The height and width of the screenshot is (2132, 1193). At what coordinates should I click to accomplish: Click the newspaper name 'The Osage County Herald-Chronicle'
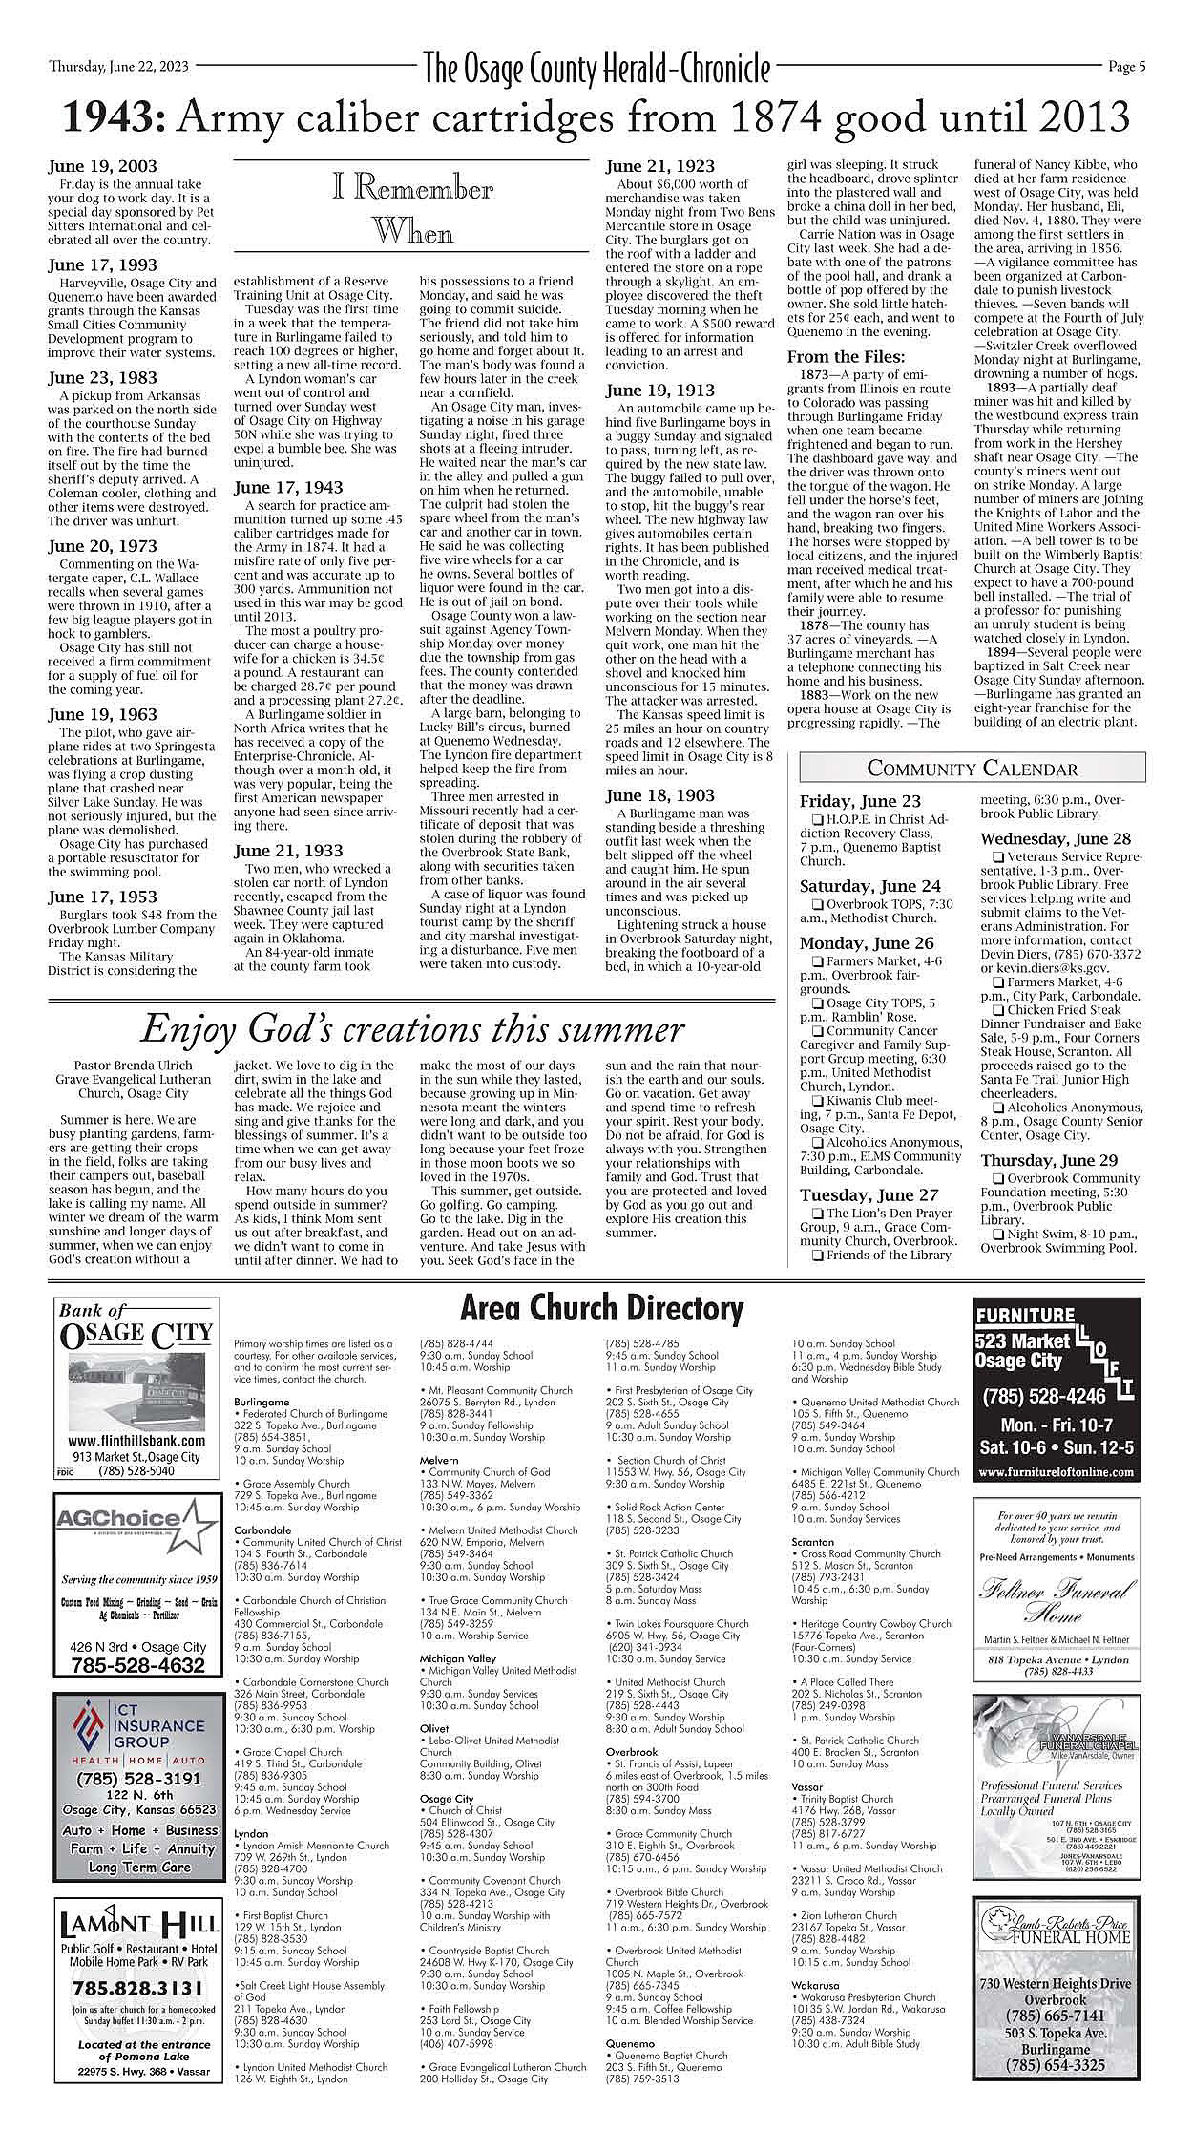[596, 69]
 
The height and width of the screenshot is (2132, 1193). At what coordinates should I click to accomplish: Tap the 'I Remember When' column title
[412, 209]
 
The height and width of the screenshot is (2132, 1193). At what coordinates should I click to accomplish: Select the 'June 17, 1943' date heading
[288, 488]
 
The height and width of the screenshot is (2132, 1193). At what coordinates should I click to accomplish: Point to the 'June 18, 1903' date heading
[659, 795]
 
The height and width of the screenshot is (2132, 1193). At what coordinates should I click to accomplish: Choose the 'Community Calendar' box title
[972, 769]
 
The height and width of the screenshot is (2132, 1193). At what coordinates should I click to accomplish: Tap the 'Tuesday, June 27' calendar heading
[869, 1195]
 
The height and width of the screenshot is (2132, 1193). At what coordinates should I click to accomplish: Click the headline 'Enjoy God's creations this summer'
[411, 1029]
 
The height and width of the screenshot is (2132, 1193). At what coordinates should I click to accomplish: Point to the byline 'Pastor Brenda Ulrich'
[133, 1066]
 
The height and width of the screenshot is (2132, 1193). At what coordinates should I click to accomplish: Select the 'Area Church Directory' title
[601, 1309]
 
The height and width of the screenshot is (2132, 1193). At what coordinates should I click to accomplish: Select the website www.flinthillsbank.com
[137, 1441]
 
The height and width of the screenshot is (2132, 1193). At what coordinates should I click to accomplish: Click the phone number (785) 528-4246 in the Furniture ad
[1044, 1397]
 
